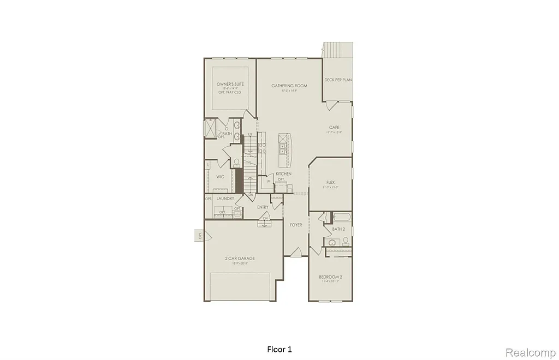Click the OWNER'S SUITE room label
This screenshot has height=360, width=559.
point(230,85)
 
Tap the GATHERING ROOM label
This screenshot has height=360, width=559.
point(289,86)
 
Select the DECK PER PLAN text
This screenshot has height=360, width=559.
point(338,80)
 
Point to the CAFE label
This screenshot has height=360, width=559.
point(334,127)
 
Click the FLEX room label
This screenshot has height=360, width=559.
point(330,183)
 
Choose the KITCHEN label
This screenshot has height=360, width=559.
point(283,173)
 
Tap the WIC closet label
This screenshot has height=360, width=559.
point(220,177)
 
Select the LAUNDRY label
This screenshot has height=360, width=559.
point(225,199)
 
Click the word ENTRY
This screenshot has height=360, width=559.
point(263,207)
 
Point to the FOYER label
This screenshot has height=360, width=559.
point(296,225)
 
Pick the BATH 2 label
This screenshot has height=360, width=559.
point(338,229)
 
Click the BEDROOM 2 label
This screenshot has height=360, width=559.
point(330,277)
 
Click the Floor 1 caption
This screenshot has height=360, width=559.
point(279,349)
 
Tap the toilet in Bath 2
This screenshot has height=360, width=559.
point(346,241)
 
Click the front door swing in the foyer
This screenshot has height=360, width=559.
point(296,252)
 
